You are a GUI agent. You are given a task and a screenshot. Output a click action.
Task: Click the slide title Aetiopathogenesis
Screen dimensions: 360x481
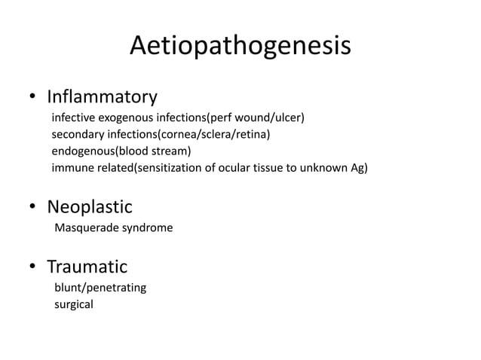pyautogui.click(x=240, y=46)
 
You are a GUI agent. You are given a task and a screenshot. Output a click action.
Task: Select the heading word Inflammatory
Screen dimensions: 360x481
pyautogui.click(x=102, y=97)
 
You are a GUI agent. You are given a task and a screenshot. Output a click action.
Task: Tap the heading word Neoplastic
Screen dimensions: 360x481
pyautogui.click(x=90, y=206)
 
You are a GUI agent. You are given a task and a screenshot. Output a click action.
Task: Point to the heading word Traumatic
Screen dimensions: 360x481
pyautogui.click(x=87, y=267)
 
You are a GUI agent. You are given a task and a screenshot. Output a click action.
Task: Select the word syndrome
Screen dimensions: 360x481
pyautogui.click(x=147, y=227)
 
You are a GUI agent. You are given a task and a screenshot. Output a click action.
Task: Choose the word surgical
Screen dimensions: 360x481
pyautogui.click(x=74, y=305)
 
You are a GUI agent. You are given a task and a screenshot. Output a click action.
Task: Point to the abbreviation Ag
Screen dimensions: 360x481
pyautogui.click(x=357, y=167)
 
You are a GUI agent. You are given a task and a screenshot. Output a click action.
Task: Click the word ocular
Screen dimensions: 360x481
pyautogui.click(x=228, y=167)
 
